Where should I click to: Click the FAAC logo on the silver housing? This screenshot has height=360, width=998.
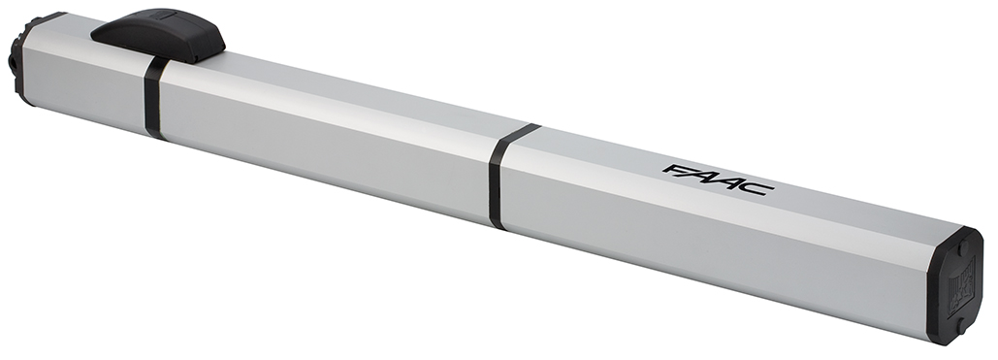(x=718, y=180)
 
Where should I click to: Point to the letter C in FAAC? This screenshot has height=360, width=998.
(x=757, y=187)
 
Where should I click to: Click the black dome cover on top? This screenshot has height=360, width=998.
(x=159, y=34)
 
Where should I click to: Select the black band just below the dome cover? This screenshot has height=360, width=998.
(x=154, y=97)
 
